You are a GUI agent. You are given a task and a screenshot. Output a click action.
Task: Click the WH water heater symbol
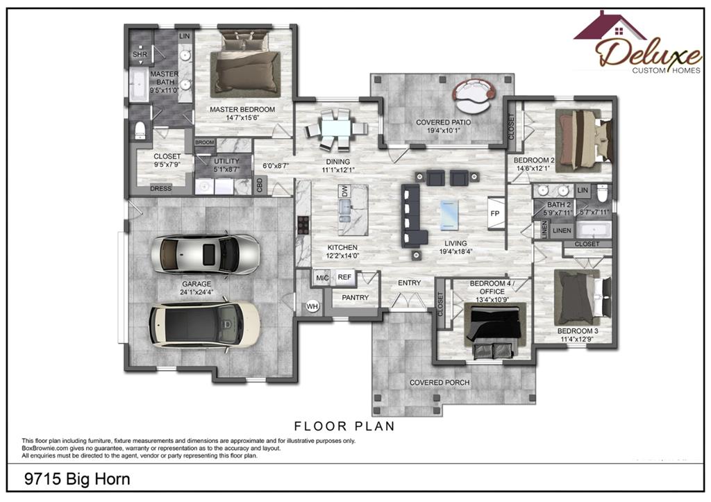tap(312, 307)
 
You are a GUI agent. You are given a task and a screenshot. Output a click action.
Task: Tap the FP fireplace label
tap(494, 213)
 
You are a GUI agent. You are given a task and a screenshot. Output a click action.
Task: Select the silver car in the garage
tap(206, 254)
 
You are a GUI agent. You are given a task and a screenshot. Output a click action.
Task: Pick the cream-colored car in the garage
tap(205, 325)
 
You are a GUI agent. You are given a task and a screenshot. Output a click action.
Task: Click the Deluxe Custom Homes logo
tap(638, 42)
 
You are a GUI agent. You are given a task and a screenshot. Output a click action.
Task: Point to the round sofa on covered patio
tap(474, 96)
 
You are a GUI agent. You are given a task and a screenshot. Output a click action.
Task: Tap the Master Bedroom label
tap(242, 109)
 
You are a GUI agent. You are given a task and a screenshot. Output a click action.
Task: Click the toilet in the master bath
tap(140, 130)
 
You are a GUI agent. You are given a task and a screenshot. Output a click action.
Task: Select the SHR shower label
tap(140, 54)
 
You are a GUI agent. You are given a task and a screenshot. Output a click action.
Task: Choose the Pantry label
tap(355, 297)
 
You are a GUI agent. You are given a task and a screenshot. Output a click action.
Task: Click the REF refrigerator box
tap(344, 277)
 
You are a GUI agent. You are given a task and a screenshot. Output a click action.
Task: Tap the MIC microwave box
tap(322, 278)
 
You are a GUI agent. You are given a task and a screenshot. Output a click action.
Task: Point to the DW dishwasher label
tap(344, 192)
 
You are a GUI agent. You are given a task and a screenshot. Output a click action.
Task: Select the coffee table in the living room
tap(449, 215)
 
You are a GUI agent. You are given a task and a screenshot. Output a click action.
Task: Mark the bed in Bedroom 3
tap(583, 296)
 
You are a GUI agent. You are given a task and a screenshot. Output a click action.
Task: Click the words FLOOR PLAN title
tap(344, 426)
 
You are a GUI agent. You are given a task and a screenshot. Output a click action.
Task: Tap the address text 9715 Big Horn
tap(77, 479)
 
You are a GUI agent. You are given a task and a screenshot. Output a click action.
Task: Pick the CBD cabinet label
tap(260, 185)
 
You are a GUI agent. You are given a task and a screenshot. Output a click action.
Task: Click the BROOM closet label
tap(205, 142)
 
